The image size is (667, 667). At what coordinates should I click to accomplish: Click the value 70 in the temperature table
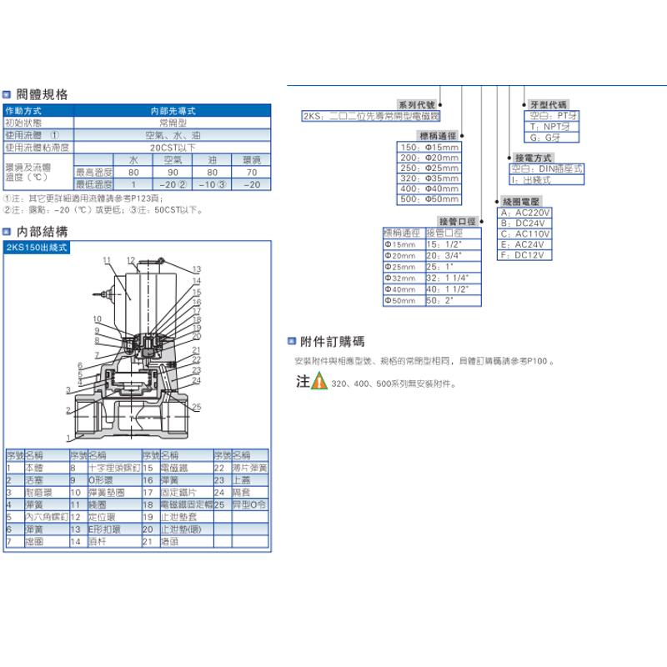[248, 171]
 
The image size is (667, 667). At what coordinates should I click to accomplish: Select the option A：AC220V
[524, 213]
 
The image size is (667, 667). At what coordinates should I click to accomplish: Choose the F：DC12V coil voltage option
[521, 255]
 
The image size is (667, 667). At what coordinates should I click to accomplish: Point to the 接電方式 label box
[534, 157]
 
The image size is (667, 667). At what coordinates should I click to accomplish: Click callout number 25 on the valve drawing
[197, 407]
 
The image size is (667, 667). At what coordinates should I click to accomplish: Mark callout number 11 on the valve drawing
[107, 261]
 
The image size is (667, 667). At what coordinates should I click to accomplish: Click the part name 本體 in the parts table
[34, 469]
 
